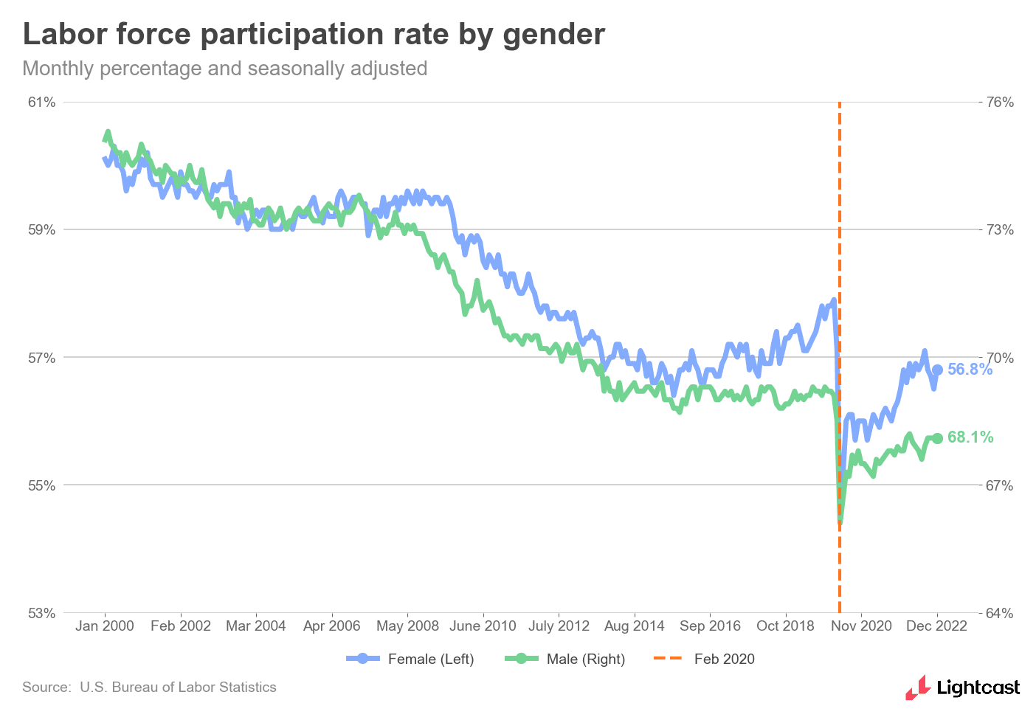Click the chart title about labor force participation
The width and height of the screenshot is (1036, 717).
[314, 35]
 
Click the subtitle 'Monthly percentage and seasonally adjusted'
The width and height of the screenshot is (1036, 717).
[225, 69]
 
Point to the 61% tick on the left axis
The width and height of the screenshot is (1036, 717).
[42, 102]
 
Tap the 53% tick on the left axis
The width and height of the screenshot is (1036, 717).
[42, 613]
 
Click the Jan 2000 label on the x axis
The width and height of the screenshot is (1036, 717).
[105, 626]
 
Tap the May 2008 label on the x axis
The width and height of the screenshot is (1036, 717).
[407, 626]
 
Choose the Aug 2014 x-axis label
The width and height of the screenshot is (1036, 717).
[635, 626]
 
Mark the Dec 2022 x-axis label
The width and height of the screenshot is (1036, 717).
[936, 626]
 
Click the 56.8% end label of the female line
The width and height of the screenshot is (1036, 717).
[970, 370]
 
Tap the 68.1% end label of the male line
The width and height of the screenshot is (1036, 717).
[970, 437]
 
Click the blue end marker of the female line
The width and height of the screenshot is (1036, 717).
[937, 370]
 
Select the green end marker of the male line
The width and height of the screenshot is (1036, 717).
[938, 438]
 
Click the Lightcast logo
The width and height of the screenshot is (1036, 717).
[963, 687]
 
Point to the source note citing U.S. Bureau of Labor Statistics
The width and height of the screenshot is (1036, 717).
[149, 687]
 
